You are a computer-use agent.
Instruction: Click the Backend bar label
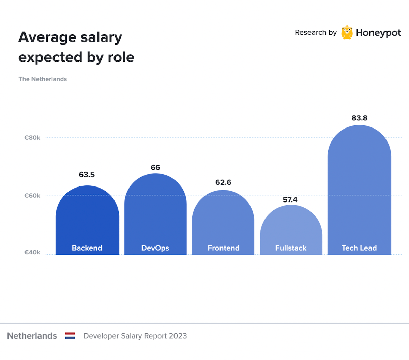87,248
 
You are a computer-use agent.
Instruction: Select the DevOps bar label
155,248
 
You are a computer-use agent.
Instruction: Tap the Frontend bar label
224,248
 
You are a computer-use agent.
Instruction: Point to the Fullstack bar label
291,248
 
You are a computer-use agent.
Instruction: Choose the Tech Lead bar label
359,248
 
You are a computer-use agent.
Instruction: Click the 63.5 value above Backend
87,175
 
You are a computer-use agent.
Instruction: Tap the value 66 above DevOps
155,167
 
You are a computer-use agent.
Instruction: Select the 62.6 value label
223,182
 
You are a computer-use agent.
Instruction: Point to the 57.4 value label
290,199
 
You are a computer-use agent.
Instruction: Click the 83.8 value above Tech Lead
360,118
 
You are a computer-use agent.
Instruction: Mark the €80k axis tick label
32,138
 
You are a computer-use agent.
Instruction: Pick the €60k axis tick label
32,195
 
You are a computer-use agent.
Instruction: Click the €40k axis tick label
32,252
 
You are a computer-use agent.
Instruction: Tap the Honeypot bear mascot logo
347,32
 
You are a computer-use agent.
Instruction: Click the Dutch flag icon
70,336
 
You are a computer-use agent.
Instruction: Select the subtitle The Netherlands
43,79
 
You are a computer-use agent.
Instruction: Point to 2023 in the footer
178,336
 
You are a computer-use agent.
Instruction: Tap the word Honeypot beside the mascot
378,33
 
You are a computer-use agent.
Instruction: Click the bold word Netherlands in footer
32,336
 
